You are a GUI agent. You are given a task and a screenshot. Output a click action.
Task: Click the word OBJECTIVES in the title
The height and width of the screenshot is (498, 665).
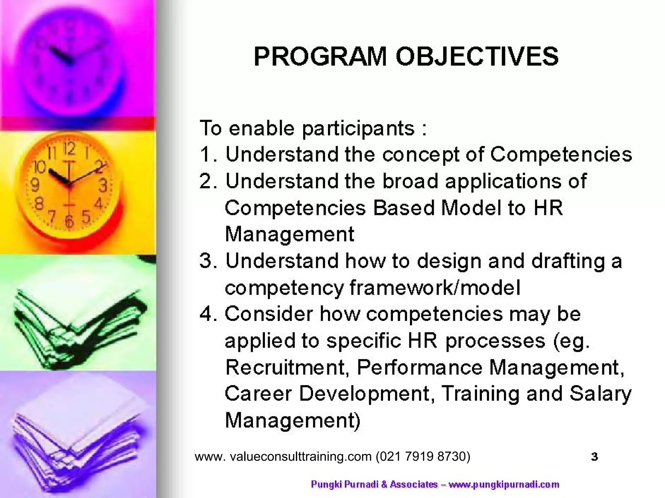click(477, 57)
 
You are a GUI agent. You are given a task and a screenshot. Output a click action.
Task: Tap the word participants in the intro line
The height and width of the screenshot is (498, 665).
click(358, 129)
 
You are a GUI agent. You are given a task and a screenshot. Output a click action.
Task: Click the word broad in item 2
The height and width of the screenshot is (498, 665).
click(410, 181)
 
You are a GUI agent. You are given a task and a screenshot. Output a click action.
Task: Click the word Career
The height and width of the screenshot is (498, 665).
click(258, 394)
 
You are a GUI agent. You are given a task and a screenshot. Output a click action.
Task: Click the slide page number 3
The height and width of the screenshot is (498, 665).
click(595, 456)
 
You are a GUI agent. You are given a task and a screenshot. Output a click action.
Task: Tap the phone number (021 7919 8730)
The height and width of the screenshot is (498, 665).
click(423, 456)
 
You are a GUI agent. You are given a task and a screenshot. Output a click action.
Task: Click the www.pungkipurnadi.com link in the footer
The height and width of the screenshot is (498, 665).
click(504, 485)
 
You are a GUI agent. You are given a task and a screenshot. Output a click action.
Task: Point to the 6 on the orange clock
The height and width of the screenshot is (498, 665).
click(69, 221)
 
